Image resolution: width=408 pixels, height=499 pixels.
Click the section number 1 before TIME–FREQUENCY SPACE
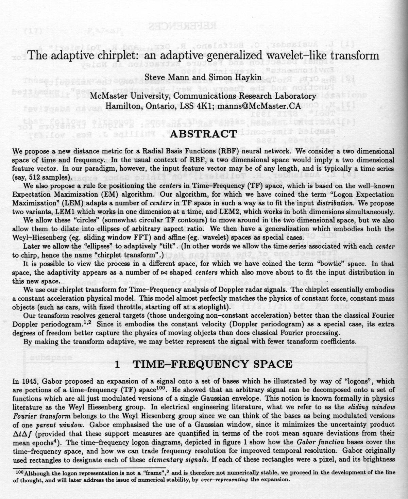pyautogui.click(x=117, y=364)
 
